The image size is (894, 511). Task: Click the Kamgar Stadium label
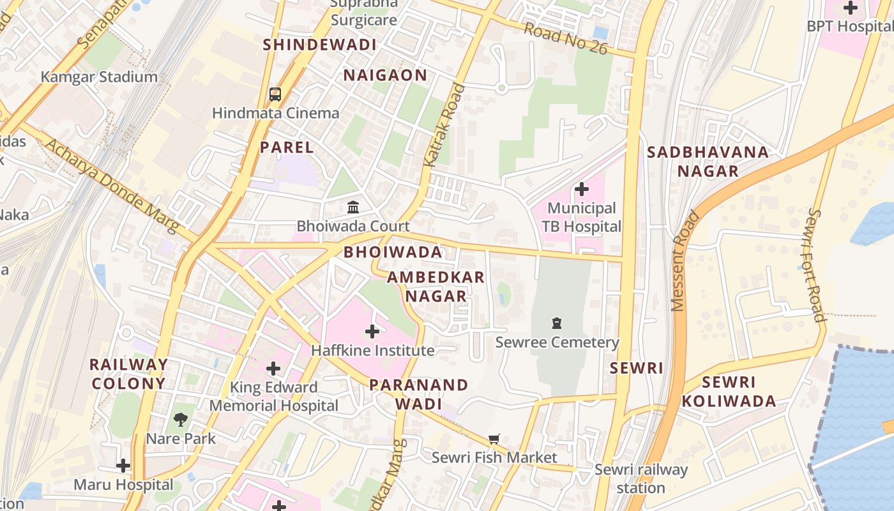[99, 77]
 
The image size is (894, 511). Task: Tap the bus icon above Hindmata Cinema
[275, 95]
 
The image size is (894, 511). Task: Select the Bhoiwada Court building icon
[352, 207]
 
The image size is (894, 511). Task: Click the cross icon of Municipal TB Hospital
[582, 189]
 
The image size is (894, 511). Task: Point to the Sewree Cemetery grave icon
[557, 323]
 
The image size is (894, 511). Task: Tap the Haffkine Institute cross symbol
[372, 331]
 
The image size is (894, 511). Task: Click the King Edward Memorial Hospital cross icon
[273, 369]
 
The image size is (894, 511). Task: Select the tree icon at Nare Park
[181, 420]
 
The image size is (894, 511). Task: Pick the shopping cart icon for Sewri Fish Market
[494, 439]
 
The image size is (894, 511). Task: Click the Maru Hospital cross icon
[123, 466]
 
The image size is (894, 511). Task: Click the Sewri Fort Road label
[816, 264]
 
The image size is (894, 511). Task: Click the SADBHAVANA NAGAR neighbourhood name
[708, 162]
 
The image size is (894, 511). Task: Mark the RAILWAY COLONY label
[128, 374]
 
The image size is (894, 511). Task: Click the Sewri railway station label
[641, 478]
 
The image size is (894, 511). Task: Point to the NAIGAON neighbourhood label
[385, 75]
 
